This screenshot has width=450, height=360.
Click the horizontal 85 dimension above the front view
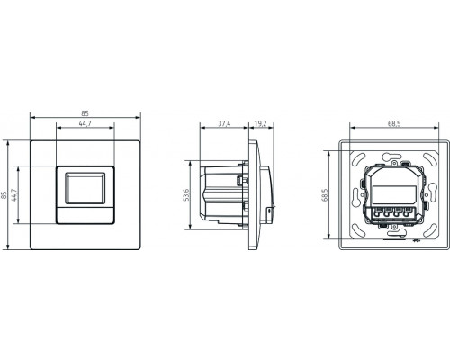85,113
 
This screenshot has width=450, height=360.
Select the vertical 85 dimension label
4,195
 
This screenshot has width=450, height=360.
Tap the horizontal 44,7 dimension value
85,123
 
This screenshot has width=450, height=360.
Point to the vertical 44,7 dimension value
13,195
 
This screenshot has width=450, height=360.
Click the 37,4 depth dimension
224,123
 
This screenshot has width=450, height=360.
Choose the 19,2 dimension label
260,123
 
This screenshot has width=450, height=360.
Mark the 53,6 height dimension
185,195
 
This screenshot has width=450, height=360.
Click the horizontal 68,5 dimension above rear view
394,123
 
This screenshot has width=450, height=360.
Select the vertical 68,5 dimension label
325,195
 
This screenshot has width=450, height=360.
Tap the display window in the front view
85,188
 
